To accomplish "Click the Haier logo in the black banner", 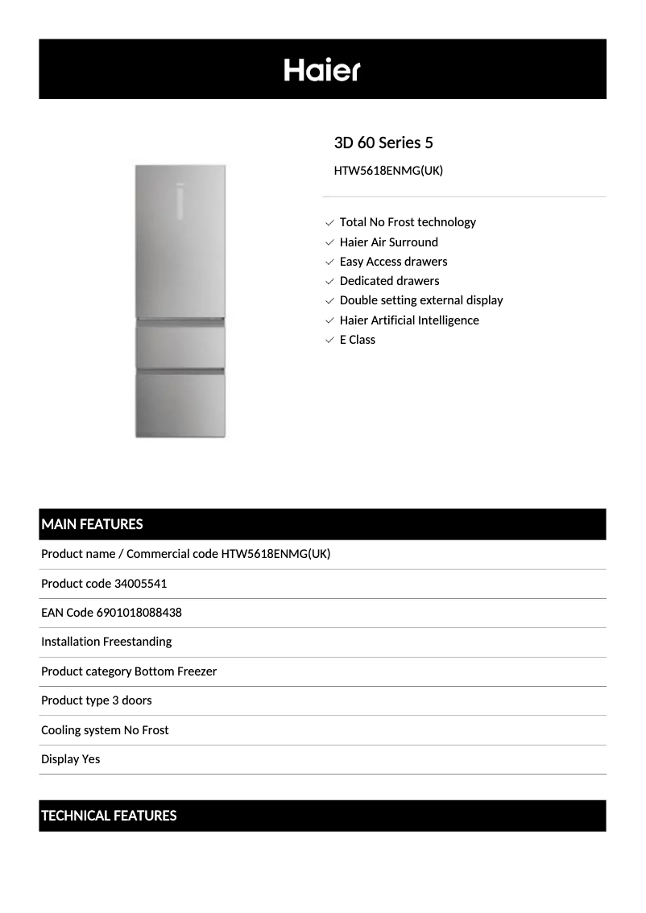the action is (x=322, y=70).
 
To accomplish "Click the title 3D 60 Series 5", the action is (x=383, y=143).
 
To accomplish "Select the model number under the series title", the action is (x=388, y=171).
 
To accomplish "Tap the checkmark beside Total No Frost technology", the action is (x=329, y=222).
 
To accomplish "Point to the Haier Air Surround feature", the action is (x=388, y=242).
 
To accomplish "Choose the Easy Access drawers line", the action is (x=393, y=261).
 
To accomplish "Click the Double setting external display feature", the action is (x=420, y=300).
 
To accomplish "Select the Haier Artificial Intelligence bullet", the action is (x=409, y=320).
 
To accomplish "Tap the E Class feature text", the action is (x=358, y=340).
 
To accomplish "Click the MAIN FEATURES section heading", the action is (x=92, y=524).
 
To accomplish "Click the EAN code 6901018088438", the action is (x=139, y=613).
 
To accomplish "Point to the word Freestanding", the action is (x=137, y=642).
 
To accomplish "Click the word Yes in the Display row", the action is (x=90, y=759).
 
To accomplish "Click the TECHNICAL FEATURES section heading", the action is (x=109, y=816).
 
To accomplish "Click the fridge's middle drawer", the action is (x=180, y=346).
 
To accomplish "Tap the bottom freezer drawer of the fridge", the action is (x=180, y=405).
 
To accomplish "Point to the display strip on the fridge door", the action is (x=180, y=201).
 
